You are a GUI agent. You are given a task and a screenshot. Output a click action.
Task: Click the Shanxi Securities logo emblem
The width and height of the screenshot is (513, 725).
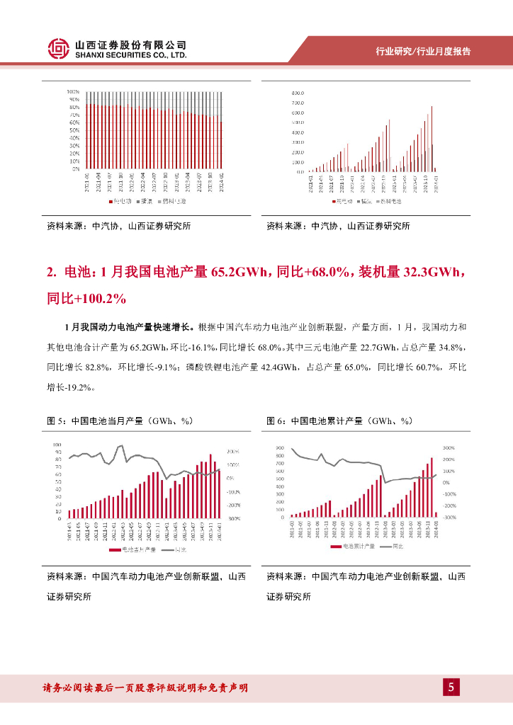pyautogui.click(x=58, y=48)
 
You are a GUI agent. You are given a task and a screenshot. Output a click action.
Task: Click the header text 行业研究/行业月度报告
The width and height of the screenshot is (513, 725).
pyautogui.click(x=422, y=52)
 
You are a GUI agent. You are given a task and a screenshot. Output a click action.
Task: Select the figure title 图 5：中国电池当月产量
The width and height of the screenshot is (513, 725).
pyautogui.click(x=120, y=421)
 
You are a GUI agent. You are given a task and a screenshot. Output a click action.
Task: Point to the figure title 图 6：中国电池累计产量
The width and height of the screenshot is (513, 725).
pyautogui.click(x=339, y=421)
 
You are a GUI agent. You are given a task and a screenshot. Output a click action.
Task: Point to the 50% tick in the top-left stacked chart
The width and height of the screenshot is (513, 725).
pyautogui.click(x=74, y=130)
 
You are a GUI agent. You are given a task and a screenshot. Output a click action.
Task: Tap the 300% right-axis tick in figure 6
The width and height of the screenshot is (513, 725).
pyautogui.click(x=448, y=448)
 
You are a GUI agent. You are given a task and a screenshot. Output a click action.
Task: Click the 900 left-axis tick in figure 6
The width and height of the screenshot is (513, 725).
pyautogui.click(x=280, y=448)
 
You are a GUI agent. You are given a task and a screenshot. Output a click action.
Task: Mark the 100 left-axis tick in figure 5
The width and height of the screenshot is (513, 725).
pyautogui.click(x=57, y=445)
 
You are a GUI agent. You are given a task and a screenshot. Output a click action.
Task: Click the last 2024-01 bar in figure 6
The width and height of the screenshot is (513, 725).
pyautogui.click(x=436, y=514)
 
